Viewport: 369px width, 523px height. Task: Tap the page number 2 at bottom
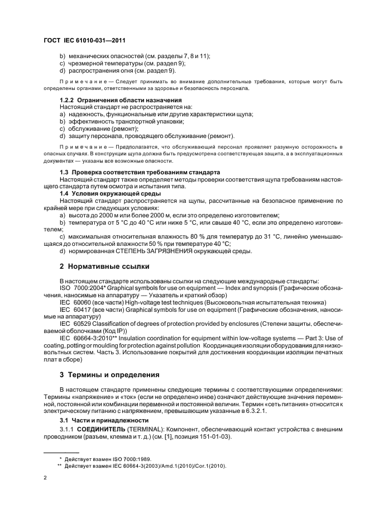[45, 478]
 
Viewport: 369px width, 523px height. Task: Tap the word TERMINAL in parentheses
[147, 428]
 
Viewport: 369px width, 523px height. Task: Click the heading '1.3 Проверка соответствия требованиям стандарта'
[140, 171]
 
